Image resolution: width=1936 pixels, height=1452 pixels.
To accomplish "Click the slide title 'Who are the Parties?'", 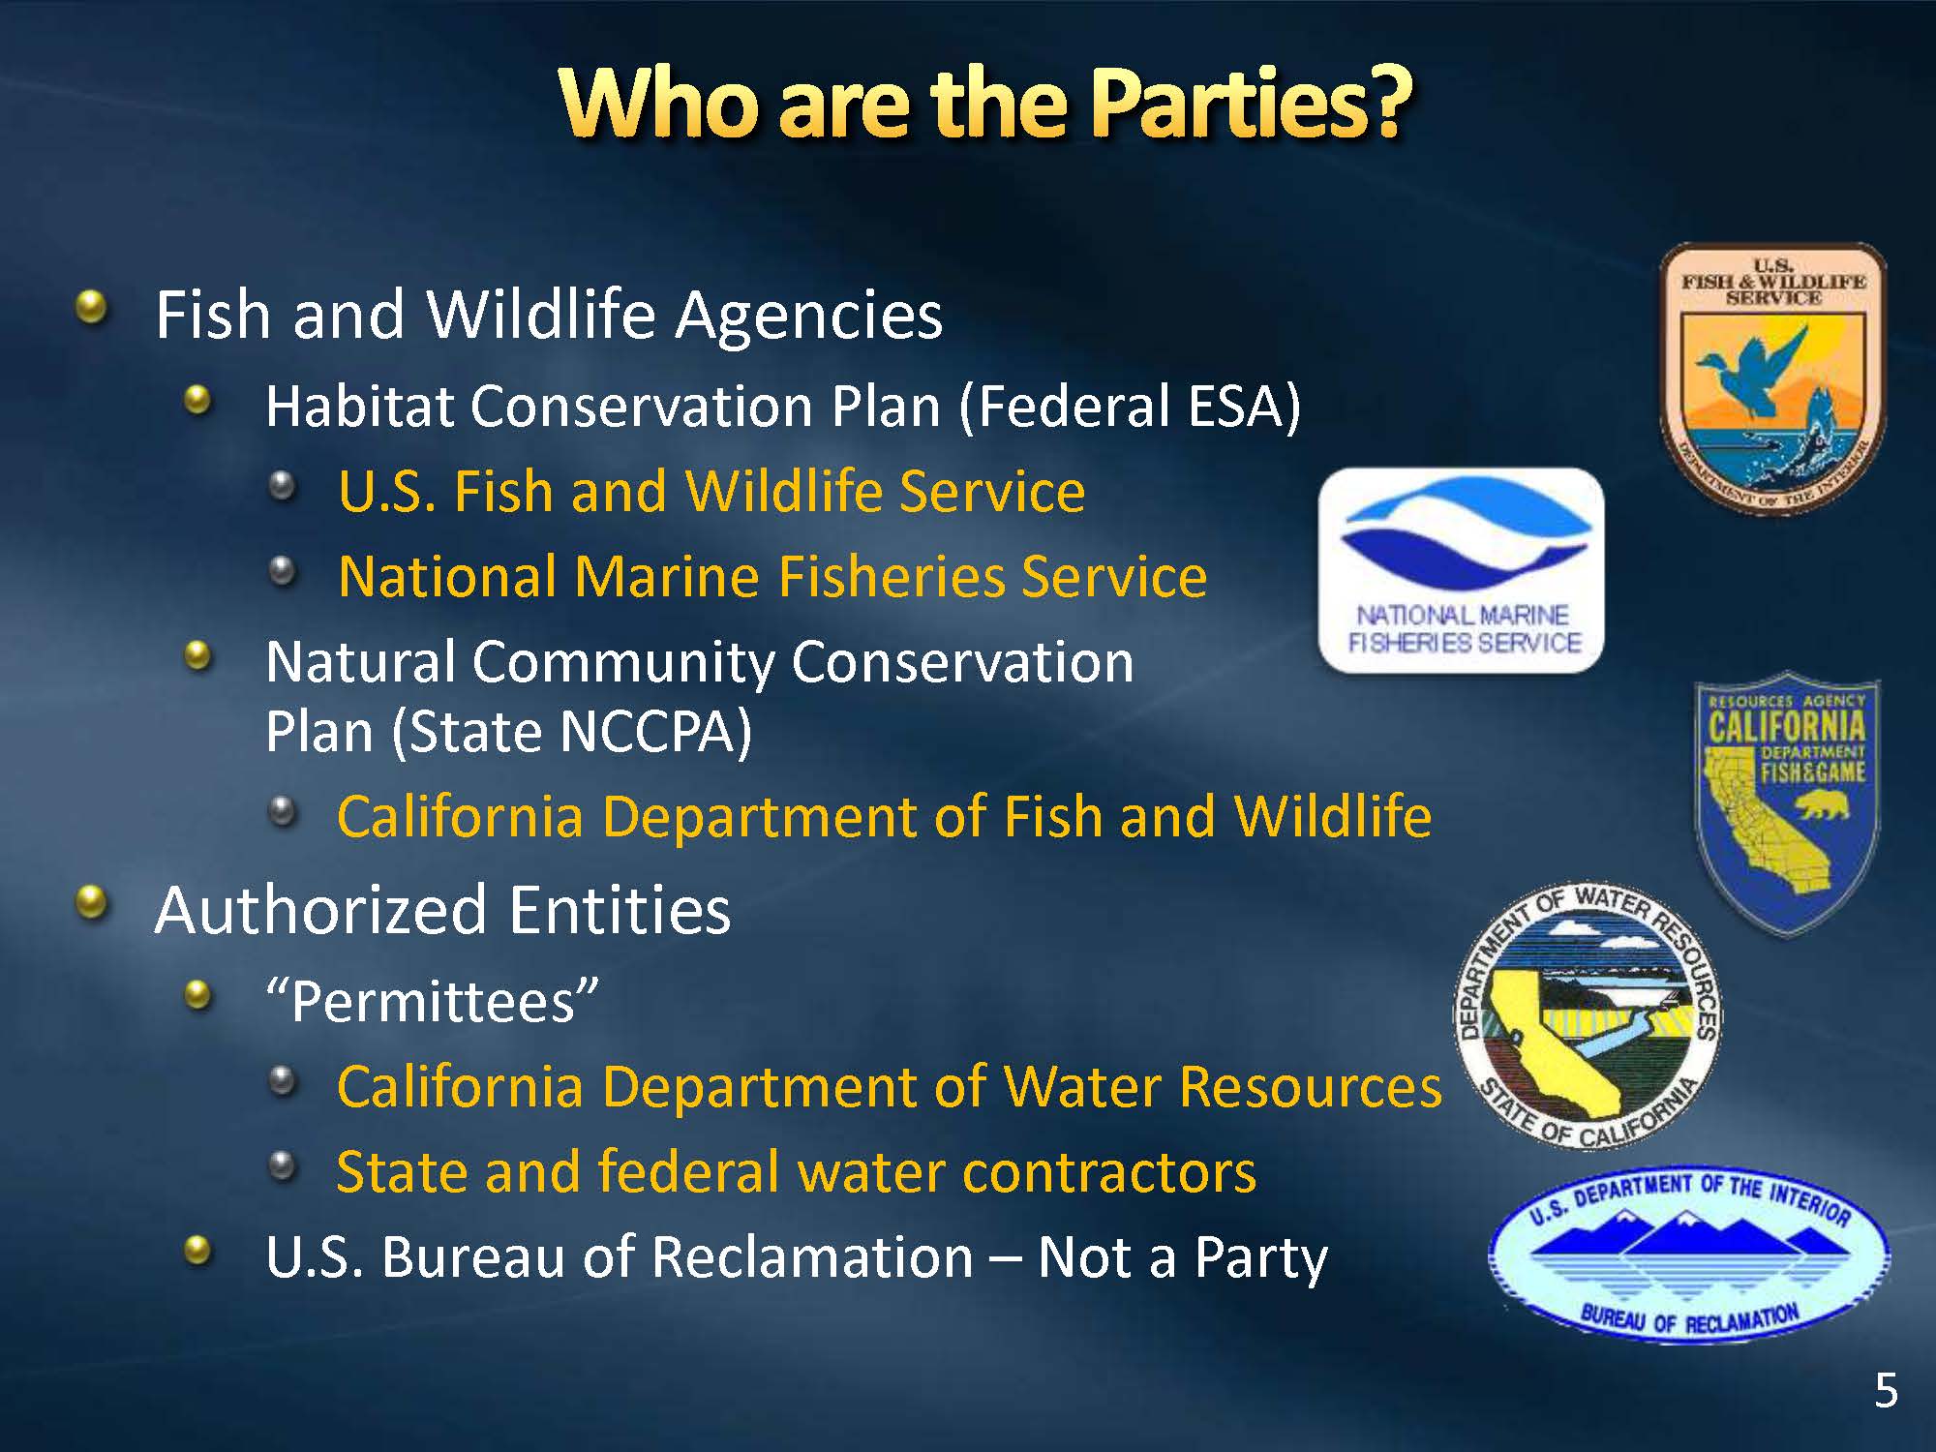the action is [x=984, y=104].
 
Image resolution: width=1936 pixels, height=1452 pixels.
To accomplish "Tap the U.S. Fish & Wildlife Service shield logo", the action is [x=1773, y=378].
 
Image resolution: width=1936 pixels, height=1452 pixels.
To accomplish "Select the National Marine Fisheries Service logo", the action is [x=1462, y=570].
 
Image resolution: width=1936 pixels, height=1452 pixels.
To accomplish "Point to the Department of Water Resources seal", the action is [x=1588, y=1016].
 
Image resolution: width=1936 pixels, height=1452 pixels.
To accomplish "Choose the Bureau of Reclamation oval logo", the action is [x=1689, y=1254].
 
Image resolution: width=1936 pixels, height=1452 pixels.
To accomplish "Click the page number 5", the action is [x=1886, y=1390].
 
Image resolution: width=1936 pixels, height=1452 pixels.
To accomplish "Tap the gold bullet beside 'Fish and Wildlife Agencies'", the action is [x=92, y=308].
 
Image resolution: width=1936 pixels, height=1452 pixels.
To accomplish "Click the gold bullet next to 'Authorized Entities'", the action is [x=92, y=903].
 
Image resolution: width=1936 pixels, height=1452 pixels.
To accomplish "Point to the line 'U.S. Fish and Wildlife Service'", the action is [x=711, y=492].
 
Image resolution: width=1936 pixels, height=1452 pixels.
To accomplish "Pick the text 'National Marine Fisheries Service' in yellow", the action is [x=772, y=577].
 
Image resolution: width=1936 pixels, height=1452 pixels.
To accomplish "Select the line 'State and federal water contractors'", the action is [x=796, y=1172].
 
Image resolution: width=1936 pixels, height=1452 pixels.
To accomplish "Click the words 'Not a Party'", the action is [x=1182, y=1258].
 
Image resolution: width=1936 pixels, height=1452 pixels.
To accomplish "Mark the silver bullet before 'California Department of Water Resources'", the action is [x=282, y=1080].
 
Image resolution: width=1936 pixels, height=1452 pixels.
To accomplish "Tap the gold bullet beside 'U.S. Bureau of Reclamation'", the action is [x=197, y=1250].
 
